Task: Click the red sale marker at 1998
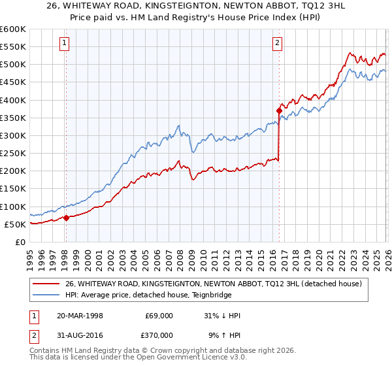(x=66, y=218)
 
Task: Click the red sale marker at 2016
(x=278, y=110)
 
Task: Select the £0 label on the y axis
(x=20, y=242)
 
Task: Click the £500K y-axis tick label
(x=13, y=64)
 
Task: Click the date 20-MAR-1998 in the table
(x=80, y=316)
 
